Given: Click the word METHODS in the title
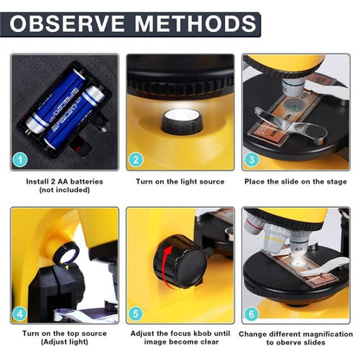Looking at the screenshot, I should [192, 23].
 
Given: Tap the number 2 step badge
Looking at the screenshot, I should [136, 159].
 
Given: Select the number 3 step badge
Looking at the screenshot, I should [252, 159].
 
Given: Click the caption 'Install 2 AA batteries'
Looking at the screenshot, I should [64, 182].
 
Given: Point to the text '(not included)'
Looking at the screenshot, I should [64, 190].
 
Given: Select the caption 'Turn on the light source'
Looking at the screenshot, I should [180, 182].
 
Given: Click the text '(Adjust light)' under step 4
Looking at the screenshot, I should [64, 343].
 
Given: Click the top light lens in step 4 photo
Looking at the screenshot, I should [67, 254].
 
